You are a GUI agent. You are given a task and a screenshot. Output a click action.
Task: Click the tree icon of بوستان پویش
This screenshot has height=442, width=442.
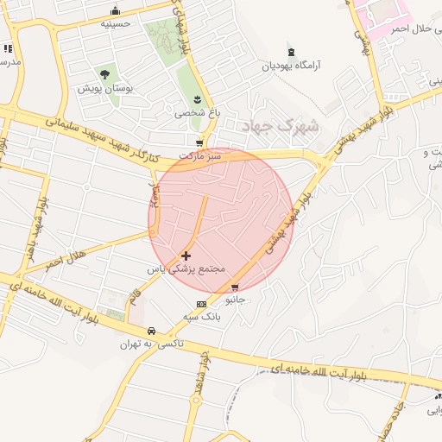tap(105, 74)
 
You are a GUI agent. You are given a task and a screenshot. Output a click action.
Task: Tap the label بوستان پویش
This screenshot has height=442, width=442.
tap(104, 89)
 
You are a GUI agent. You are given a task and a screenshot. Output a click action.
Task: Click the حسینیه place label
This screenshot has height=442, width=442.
tap(116, 24)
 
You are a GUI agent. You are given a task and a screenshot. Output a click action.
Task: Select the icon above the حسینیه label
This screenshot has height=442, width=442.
tap(116, 10)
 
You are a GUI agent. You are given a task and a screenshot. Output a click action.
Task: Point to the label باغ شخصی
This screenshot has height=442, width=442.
tap(191, 112)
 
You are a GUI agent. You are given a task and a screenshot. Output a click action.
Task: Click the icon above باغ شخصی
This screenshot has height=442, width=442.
tap(197, 98)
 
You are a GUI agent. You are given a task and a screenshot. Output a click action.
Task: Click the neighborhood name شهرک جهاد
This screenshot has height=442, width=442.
tap(281, 126)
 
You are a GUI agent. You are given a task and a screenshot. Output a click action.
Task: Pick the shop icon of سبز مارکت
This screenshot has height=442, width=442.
tap(200, 143)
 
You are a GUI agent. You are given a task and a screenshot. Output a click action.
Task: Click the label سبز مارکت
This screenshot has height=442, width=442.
tap(200, 156)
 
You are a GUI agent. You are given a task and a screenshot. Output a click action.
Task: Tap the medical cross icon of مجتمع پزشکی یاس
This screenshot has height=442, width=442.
tap(186, 256)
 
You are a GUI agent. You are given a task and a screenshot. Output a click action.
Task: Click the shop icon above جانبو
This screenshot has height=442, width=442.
tap(235, 287)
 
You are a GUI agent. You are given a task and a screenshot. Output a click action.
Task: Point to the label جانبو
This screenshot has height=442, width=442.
tap(235, 300)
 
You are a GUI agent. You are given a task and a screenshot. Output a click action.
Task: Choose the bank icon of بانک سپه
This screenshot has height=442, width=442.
tap(201, 304)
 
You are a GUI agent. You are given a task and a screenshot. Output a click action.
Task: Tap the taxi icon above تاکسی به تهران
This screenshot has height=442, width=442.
tap(151, 331)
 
